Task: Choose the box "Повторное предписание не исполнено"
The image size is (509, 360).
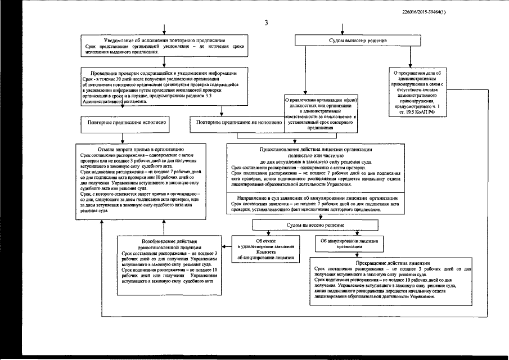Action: point(236,121)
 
